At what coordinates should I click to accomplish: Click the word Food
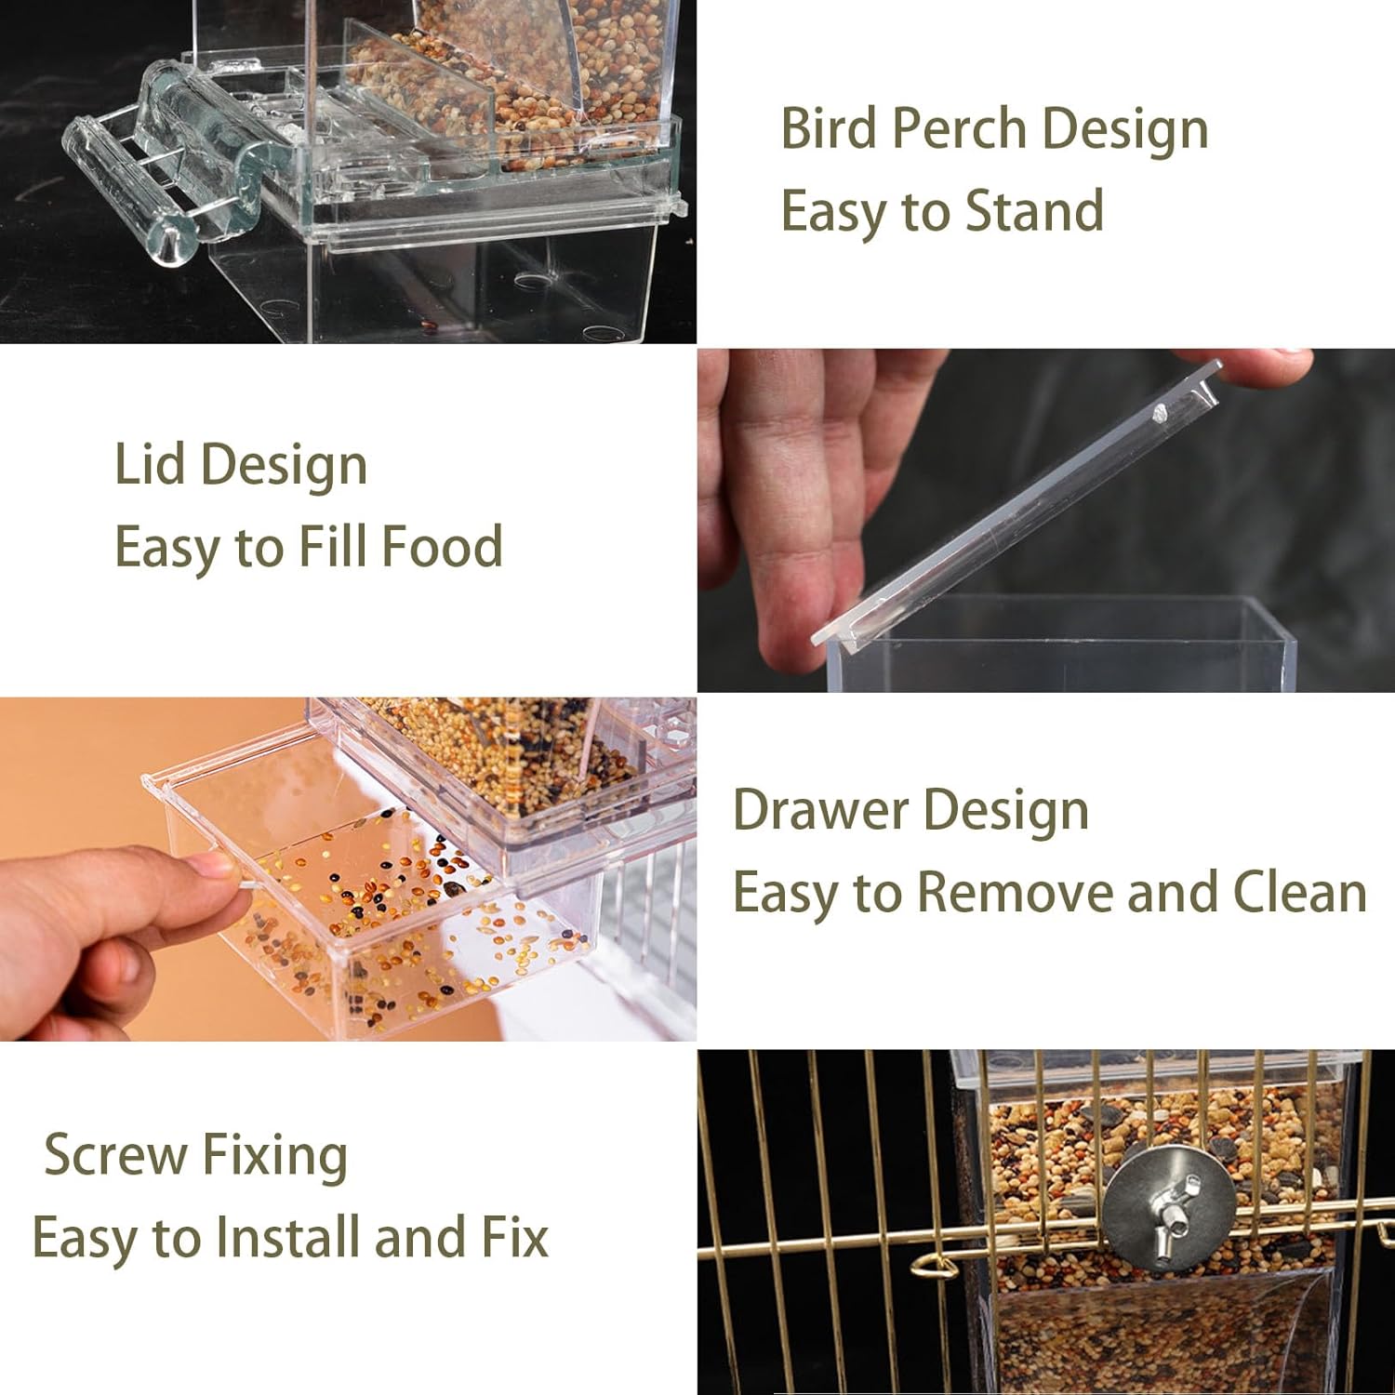pyautogui.click(x=443, y=546)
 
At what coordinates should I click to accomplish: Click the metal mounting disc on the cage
pyautogui.click(x=1168, y=1209)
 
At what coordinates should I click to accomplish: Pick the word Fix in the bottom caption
pyautogui.click(x=514, y=1238)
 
